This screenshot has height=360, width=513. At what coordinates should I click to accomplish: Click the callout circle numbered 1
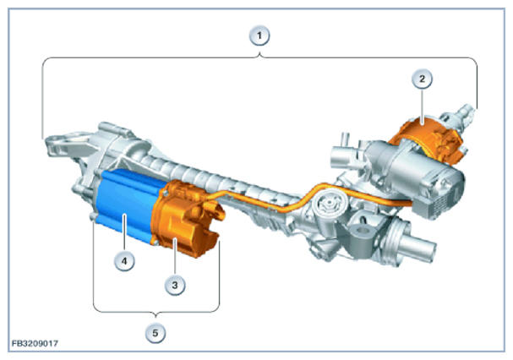coord(259,35)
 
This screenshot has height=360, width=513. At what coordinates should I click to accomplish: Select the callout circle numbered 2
coord(422,79)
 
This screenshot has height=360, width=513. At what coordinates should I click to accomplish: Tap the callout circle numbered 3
coord(175,285)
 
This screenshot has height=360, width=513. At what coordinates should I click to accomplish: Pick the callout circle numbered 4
coord(124,261)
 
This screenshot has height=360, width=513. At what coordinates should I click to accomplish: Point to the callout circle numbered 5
coord(155,333)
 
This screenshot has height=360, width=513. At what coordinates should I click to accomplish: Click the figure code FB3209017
coord(35,343)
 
